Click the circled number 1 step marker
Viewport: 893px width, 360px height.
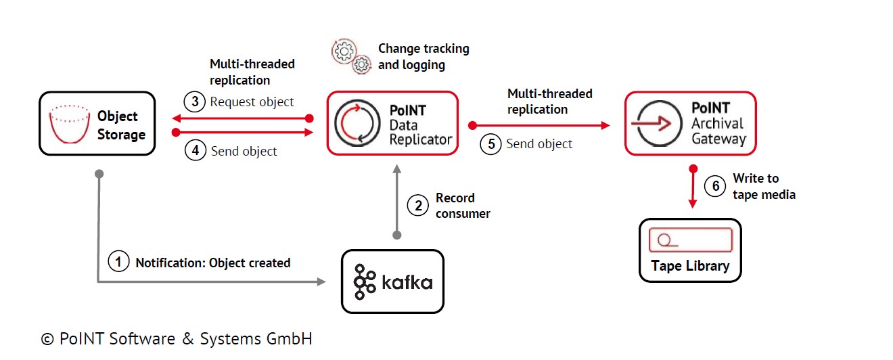[x=118, y=262]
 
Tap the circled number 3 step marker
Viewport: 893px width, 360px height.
[x=195, y=102]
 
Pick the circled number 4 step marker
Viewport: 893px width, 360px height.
[x=195, y=150]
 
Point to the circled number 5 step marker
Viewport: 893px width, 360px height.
[x=490, y=143]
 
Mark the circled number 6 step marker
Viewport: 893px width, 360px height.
[x=714, y=186]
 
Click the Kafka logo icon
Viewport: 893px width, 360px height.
[x=365, y=282]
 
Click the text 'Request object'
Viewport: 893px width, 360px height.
[x=252, y=102]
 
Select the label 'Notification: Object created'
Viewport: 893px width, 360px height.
[x=213, y=263]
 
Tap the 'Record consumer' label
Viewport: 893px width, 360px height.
[x=463, y=206]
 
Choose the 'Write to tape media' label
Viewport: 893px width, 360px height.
[x=764, y=186]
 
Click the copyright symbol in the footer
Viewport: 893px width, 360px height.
[x=47, y=339]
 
